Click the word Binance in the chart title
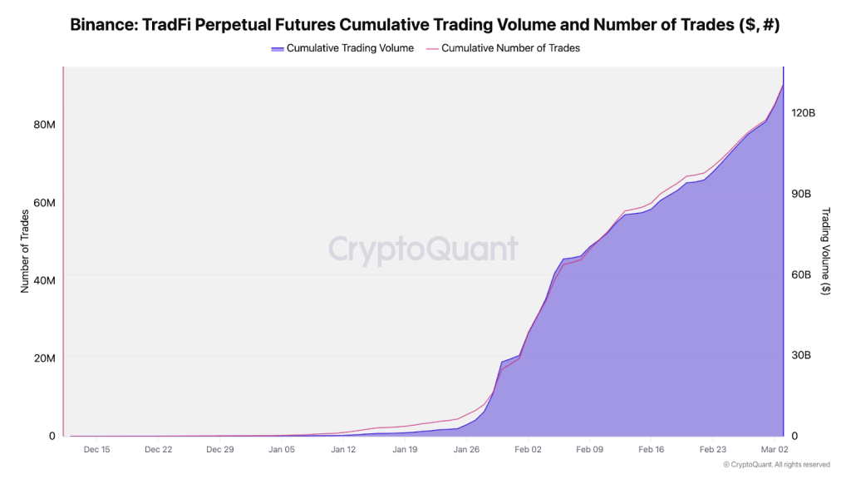(x=101, y=25)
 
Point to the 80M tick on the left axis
(x=44, y=125)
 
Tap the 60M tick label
(x=44, y=204)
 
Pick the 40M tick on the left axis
(x=44, y=280)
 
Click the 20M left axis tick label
(x=44, y=358)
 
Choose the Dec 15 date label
(x=96, y=450)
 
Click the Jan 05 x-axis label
(x=282, y=450)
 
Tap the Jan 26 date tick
(x=467, y=450)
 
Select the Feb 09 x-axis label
(x=590, y=450)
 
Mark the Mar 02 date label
(x=775, y=450)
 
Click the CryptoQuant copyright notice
(x=776, y=465)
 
